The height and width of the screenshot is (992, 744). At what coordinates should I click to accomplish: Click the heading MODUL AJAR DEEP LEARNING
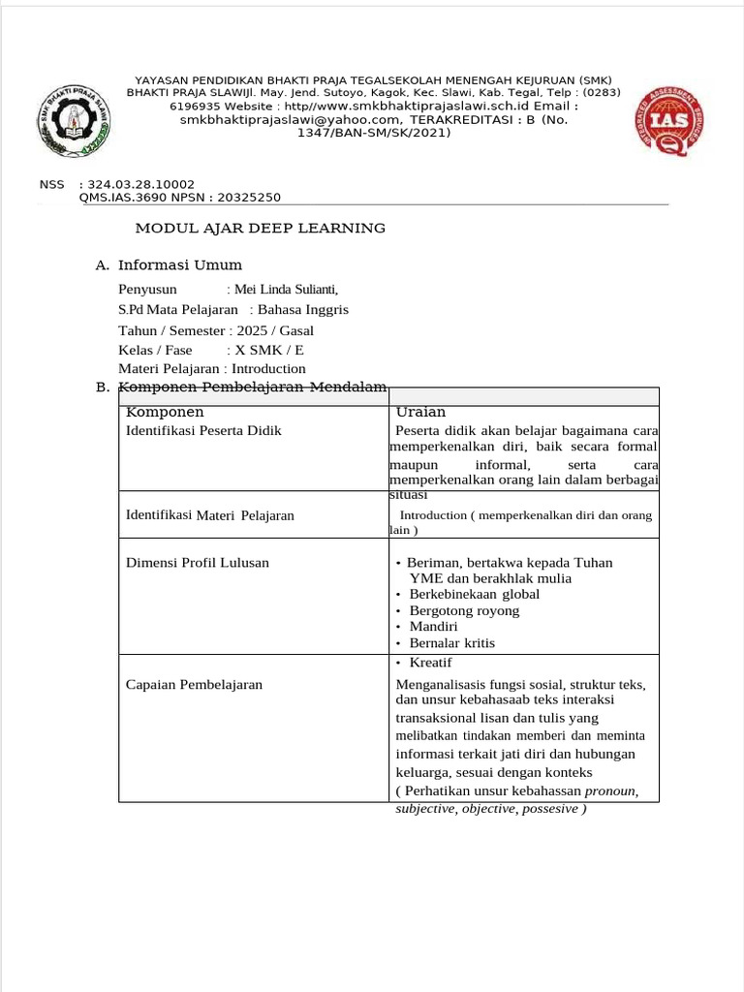[260, 229]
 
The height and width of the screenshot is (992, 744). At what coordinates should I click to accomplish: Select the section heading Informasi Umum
[180, 265]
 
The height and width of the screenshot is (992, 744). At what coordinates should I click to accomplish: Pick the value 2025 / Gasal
[275, 330]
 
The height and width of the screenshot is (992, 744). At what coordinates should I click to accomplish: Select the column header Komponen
[166, 412]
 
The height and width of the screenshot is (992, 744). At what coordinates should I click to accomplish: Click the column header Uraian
[421, 412]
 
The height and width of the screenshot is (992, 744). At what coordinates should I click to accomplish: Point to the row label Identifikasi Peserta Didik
[204, 430]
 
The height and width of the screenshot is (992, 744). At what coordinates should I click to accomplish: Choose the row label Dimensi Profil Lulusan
[198, 562]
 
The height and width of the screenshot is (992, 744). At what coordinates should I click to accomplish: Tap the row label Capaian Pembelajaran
[195, 684]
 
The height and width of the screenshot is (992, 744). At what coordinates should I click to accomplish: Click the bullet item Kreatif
[431, 663]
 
